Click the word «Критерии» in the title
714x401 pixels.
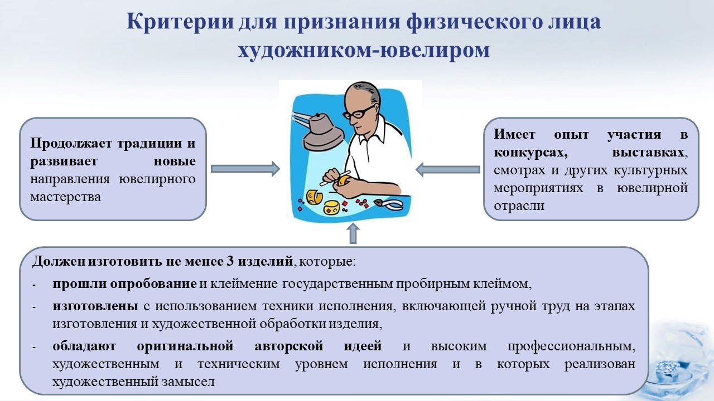[180, 22]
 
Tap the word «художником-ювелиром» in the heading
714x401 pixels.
[364, 50]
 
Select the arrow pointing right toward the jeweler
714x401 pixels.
[245, 169]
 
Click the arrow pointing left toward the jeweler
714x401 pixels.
[448, 169]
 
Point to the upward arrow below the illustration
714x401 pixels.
[353, 233]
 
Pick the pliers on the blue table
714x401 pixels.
[389, 204]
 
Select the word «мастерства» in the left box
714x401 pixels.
[65, 197]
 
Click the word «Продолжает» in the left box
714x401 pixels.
[71, 144]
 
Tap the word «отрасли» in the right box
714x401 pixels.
[519, 206]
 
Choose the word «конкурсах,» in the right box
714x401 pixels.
[530, 153]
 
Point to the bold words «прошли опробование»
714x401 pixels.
[124, 283]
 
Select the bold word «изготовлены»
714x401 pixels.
[95, 306]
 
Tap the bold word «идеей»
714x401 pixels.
[363, 346]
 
